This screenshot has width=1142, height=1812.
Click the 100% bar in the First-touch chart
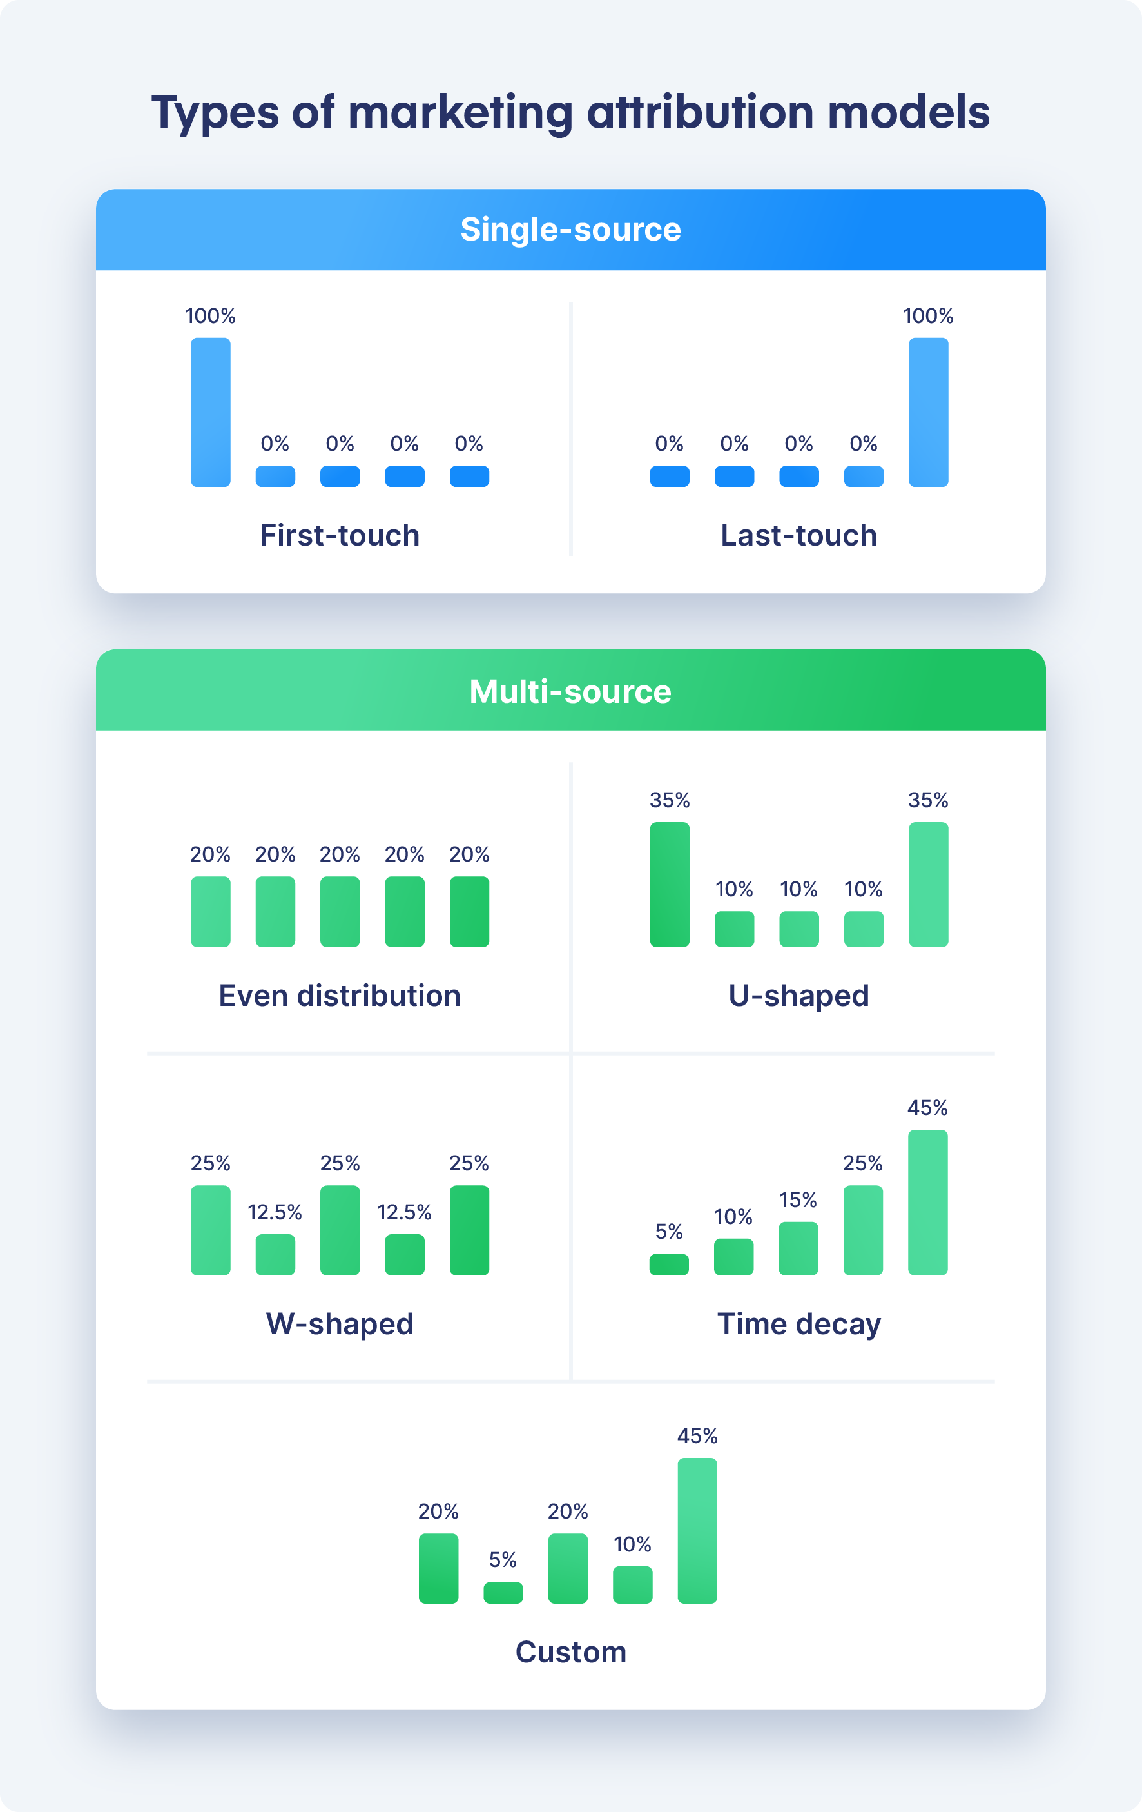[x=211, y=411]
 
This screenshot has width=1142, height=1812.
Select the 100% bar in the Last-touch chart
[x=928, y=411]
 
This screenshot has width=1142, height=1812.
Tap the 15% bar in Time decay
[x=798, y=1248]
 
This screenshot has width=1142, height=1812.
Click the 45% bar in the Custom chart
[x=697, y=1531]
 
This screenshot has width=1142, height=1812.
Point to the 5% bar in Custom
[x=503, y=1592]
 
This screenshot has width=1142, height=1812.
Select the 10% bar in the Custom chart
[x=633, y=1585]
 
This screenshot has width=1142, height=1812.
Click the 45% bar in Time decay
[x=927, y=1203]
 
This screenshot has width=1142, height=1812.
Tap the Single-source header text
[x=570, y=230]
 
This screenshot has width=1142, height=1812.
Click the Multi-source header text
[x=570, y=691]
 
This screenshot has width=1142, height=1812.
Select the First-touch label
[x=339, y=535]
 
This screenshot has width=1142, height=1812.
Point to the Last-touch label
[x=799, y=535]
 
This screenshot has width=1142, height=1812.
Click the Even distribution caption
[x=339, y=996]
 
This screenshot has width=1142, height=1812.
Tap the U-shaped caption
[x=799, y=996]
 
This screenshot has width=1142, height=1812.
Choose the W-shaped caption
[x=339, y=1324]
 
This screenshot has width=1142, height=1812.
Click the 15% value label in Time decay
[x=798, y=1199]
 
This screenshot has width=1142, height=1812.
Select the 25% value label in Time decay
[x=862, y=1163]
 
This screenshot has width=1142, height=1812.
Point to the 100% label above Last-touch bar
[x=928, y=316]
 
